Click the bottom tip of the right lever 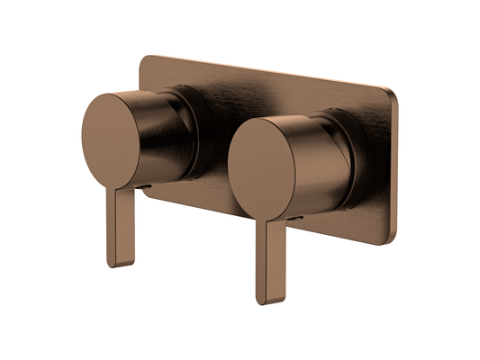pos(264,301)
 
